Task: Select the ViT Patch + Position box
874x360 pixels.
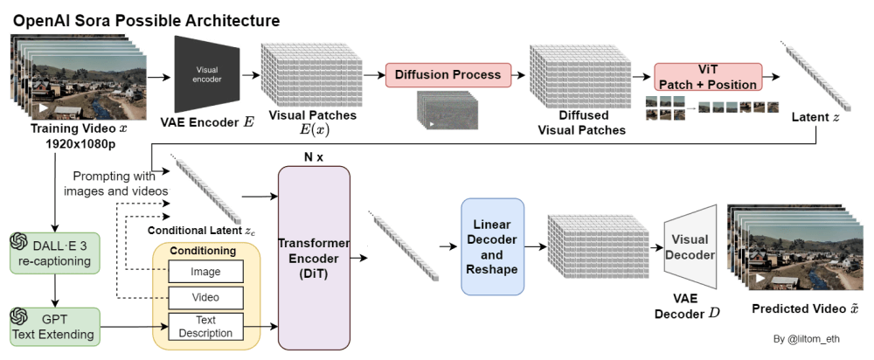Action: point(708,76)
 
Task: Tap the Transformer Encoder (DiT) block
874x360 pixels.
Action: point(313,258)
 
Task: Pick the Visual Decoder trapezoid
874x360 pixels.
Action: point(691,246)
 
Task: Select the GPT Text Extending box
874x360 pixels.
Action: point(55,326)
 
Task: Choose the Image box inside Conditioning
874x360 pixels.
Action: point(205,273)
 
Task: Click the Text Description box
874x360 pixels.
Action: point(205,326)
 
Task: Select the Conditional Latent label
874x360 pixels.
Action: point(201,231)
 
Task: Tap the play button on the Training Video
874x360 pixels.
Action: point(39,108)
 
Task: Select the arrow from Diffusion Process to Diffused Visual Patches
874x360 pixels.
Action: point(519,75)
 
